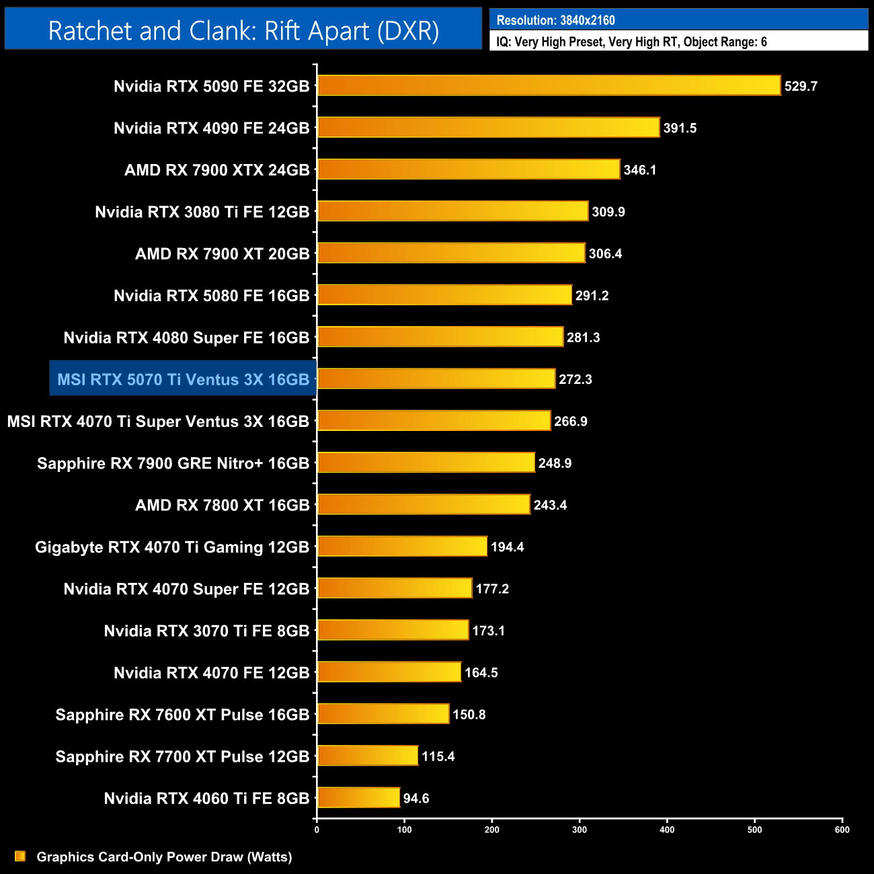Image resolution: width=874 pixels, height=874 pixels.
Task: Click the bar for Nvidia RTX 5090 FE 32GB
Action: (549, 85)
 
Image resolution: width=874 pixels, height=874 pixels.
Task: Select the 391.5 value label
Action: (680, 128)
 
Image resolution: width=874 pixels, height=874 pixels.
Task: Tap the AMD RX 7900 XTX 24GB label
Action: (216, 170)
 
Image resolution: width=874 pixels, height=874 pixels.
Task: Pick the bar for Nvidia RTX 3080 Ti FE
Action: (452, 211)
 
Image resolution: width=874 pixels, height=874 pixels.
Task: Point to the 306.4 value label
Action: (605, 253)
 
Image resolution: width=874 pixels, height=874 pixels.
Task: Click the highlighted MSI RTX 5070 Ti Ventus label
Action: (183, 379)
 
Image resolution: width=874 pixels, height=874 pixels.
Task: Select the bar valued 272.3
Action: (436, 379)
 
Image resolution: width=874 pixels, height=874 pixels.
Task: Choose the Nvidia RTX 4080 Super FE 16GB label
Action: (186, 337)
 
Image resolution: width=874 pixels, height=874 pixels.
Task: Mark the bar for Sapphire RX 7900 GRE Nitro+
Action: (426, 463)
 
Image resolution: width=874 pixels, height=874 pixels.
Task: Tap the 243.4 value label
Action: (550, 505)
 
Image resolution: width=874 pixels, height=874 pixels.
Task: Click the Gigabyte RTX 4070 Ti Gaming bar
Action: (402, 546)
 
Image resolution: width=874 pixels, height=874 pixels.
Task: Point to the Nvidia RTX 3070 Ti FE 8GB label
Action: (206, 631)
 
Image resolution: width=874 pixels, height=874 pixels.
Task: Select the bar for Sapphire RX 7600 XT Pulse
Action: (383, 714)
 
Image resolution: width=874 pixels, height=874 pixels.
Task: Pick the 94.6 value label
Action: (416, 798)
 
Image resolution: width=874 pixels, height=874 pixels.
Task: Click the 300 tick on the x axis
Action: (580, 830)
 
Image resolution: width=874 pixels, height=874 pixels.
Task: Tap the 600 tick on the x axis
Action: (842, 830)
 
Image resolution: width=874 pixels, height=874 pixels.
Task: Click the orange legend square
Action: (20, 856)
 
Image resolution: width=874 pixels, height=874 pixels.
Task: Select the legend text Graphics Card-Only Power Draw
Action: (164, 857)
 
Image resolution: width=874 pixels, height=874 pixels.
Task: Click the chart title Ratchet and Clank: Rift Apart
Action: (243, 30)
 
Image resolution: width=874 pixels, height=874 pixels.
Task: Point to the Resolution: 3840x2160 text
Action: (555, 20)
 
